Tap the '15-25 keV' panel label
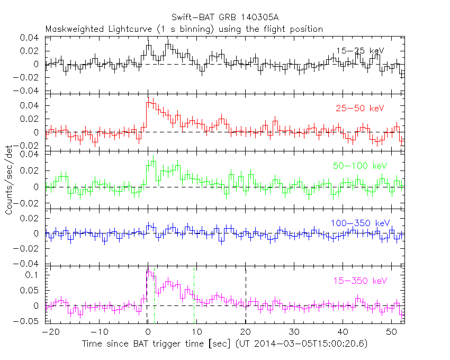click(x=359, y=50)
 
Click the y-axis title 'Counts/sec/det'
click(x=9, y=180)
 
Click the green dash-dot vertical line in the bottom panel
click(x=194, y=296)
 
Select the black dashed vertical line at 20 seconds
click(x=246, y=296)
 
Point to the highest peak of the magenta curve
click(x=149, y=272)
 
